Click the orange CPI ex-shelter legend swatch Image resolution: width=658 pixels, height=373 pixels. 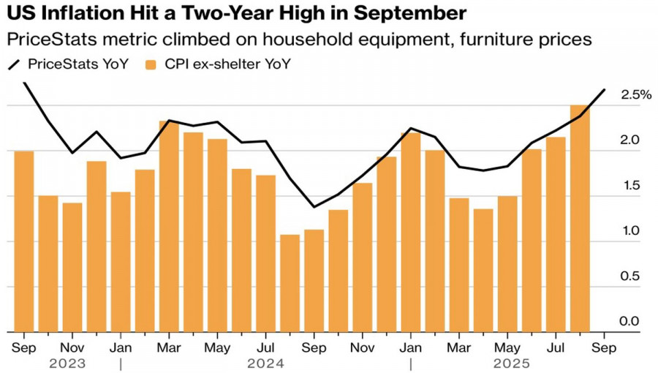point(151,64)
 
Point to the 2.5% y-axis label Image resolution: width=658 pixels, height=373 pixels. point(635,95)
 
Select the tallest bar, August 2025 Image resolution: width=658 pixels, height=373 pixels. point(581,219)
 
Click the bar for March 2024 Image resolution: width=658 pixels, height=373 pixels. point(169,227)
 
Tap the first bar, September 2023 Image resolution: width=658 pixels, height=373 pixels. point(24,241)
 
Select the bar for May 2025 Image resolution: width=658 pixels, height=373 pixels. point(507,263)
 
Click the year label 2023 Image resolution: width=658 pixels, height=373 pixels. point(67,363)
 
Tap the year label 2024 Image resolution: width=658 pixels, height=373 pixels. point(265,363)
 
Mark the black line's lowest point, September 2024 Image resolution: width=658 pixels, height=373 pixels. point(314,207)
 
